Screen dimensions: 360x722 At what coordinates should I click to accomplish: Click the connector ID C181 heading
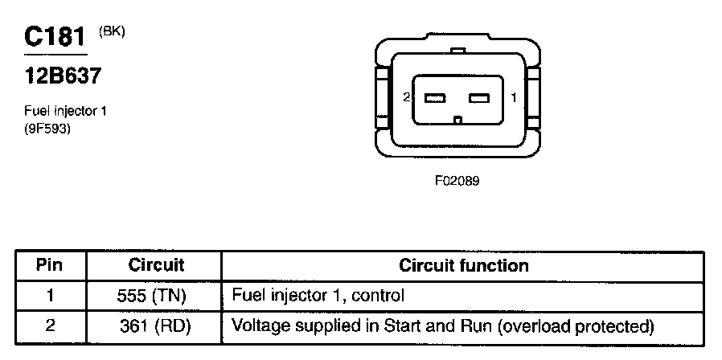click(x=55, y=37)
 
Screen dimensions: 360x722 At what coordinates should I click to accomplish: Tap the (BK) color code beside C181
click(x=112, y=31)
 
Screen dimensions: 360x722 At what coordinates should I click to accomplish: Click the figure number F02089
click(x=457, y=181)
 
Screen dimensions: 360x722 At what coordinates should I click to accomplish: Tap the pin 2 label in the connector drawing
click(x=408, y=98)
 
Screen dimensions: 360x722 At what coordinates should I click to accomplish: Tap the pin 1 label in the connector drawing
click(x=513, y=98)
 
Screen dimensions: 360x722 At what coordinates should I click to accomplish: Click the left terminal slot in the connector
click(x=435, y=99)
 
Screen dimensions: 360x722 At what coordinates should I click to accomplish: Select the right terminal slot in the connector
click(x=479, y=99)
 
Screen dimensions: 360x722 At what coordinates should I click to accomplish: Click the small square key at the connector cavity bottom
click(x=457, y=121)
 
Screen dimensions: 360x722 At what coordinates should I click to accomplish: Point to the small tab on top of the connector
click(x=457, y=51)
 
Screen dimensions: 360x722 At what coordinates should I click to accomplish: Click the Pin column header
click(x=50, y=265)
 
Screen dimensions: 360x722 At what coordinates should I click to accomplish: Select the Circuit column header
click(x=156, y=265)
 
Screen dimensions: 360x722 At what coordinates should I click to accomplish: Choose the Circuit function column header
click(x=464, y=265)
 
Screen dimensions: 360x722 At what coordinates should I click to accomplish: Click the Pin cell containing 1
click(x=50, y=296)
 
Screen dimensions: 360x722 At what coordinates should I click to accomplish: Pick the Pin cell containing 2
click(x=50, y=326)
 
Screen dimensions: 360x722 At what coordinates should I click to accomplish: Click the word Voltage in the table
click(x=255, y=326)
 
